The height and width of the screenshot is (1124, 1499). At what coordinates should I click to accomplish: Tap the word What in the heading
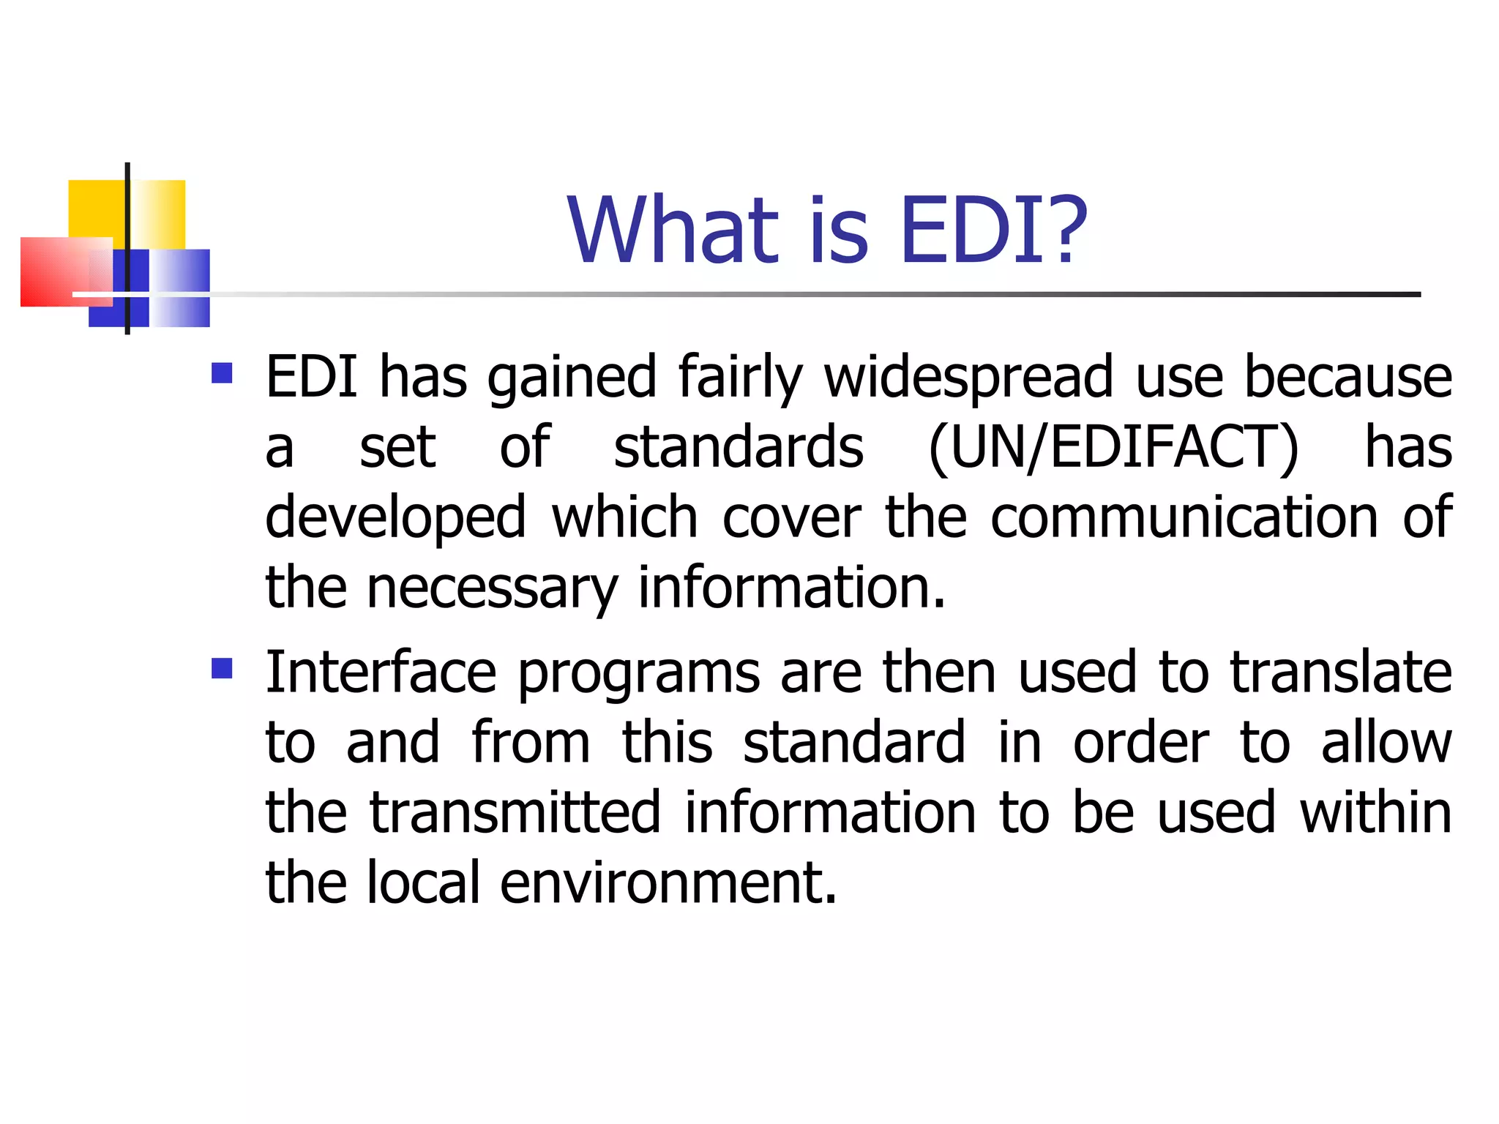(674, 231)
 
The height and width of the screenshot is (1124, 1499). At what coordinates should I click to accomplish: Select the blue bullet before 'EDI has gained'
(222, 373)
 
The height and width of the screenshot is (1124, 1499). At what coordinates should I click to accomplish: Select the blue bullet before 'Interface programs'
(222, 668)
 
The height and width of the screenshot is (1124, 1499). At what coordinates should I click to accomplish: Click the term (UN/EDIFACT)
(1113, 448)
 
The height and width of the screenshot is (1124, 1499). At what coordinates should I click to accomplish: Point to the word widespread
(968, 378)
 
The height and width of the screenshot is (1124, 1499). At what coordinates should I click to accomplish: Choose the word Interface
(381, 672)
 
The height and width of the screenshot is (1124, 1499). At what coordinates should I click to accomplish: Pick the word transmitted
(515, 812)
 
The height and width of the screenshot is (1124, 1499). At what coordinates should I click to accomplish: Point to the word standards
(739, 448)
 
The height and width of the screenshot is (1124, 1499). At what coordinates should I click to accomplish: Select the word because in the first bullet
(1348, 378)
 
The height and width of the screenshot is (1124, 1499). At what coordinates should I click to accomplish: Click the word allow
(1386, 742)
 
